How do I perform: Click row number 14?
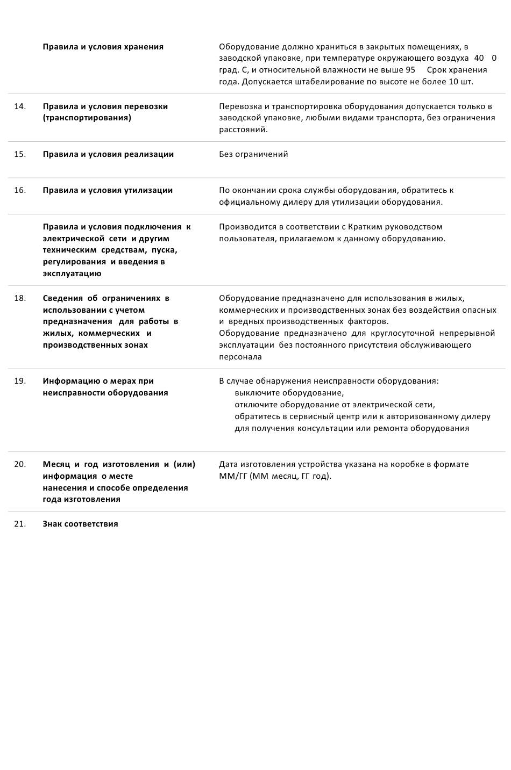tap(20, 106)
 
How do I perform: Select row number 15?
tap(20, 154)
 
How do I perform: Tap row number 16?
tap(20, 190)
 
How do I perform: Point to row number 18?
tap(20, 298)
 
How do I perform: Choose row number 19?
tap(20, 381)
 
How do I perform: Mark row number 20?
tap(20, 464)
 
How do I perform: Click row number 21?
tap(20, 524)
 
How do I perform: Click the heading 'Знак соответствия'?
tap(80, 524)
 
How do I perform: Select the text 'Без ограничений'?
tap(253, 154)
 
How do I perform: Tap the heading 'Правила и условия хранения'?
tap(103, 47)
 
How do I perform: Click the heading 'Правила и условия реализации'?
tap(108, 154)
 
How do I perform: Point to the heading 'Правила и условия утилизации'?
tap(108, 190)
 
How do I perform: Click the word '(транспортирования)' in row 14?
tap(87, 118)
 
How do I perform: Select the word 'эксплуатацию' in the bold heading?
tap(72, 274)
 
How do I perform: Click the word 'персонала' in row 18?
tap(240, 357)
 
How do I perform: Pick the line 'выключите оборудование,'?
tap(289, 393)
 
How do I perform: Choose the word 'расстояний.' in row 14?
tap(243, 129)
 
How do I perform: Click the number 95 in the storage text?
tap(410, 70)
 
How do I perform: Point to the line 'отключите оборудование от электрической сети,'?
tap(335, 405)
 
